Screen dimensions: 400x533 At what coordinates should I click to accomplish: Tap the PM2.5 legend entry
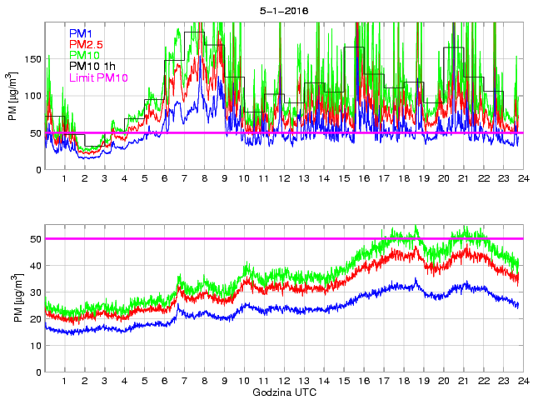pyautogui.click(x=86, y=44)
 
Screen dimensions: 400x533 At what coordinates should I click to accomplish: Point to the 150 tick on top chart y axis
pyautogui.click(x=33, y=59)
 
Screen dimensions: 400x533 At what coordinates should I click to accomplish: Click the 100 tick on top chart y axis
pyautogui.click(x=33, y=96)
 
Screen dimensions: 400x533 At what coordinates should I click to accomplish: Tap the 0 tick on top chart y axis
pyautogui.click(x=38, y=170)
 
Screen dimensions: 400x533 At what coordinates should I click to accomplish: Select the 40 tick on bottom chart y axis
pyautogui.click(x=36, y=266)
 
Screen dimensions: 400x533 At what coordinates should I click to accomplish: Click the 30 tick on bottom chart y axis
pyautogui.click(x=36, y=292)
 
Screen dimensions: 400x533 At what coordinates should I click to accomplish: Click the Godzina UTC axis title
pyautogui.click(x=283, y=392)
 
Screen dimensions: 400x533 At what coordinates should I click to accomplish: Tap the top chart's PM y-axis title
pyautogui.click(x=13, y=97)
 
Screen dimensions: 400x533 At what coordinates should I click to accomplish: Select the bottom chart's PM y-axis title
pyautogui.click(x=13, y=297)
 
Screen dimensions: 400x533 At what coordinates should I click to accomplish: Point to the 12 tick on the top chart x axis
pyautogui.click(x=284, y=179)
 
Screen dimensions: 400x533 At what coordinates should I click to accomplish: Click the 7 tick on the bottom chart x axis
pyautogui.click(x=184, y=381)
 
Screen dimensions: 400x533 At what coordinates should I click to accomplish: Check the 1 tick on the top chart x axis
pyautogui.click(x=65, y=179)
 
